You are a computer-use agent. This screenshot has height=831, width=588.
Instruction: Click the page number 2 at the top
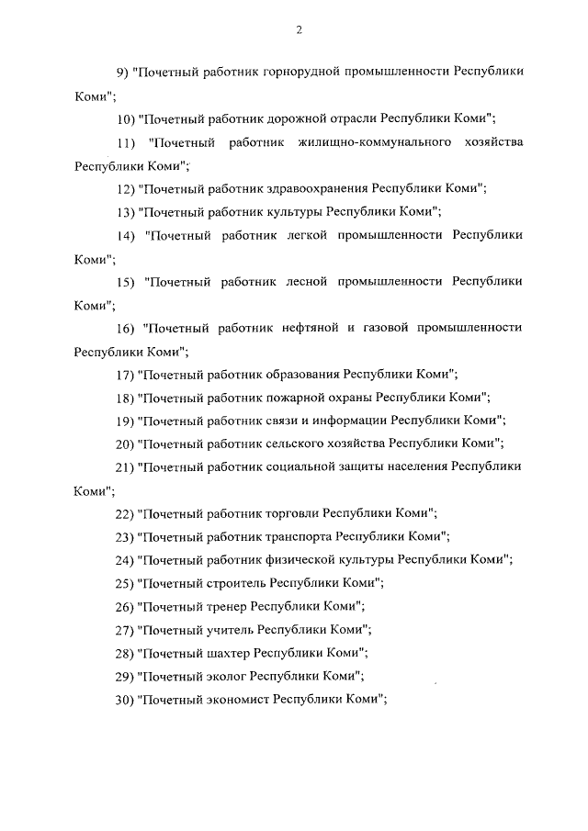[x=299, y=30]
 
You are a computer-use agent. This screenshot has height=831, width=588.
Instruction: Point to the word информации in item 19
[x=351, y=421]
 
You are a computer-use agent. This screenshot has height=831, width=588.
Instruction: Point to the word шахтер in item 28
[x=226, y=653]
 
